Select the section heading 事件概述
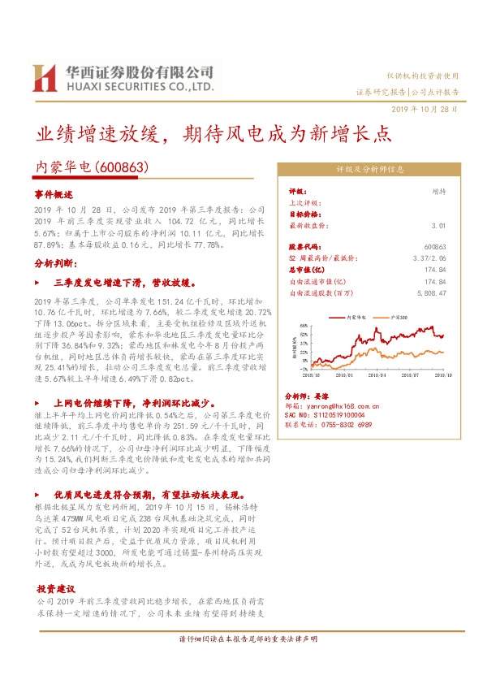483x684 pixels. (x=54, y=196)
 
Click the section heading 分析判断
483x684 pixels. (x=55, y=264)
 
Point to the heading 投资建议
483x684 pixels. (x=55, y=588)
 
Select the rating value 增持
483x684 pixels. (x=439, y=191)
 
